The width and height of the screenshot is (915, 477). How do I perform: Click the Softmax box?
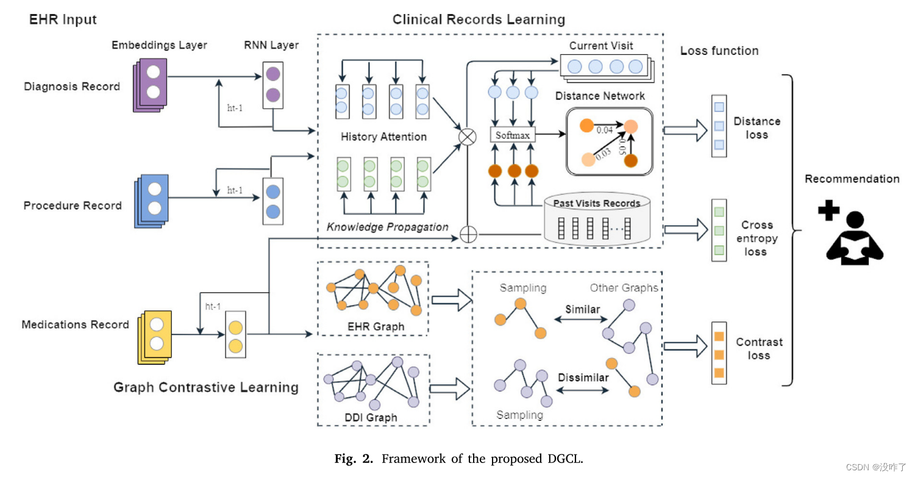click(x=513, y=135)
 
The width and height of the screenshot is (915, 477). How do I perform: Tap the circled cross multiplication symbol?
click(x=468, y=137)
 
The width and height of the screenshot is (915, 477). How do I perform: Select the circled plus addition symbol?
click(x=468, y=234)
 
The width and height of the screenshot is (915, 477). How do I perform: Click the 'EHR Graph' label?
click(x=376, y=326)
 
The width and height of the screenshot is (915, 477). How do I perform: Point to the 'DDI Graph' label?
click(x=371, y=417)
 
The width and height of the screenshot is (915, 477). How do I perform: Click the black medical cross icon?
click(x=829, y=210)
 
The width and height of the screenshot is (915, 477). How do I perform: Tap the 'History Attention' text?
click(x=383, y=137)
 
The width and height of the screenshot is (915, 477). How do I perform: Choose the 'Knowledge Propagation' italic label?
click(x=387, y=227)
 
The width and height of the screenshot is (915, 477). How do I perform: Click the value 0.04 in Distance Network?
click(x=604, y=130)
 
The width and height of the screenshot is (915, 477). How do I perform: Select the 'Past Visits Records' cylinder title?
click(x=596, y=203)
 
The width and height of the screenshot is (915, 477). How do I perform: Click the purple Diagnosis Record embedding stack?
click(x=150, y=85)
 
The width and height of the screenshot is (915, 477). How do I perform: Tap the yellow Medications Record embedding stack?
click(x=155, y=337)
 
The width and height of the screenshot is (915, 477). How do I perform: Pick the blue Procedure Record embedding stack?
click(x=152, y=201)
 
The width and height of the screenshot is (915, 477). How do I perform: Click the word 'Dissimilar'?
click(x=583, y=377)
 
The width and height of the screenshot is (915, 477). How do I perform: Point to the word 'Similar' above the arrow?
click(x=583, y=309)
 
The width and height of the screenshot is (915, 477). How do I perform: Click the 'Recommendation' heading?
click(x=852, y=179)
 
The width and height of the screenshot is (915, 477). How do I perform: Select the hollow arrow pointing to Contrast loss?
click(x=685, y=346)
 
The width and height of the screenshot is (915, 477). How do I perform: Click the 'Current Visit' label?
click(x=601, y=46)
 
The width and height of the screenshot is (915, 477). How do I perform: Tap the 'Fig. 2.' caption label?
click(x=354, y=459)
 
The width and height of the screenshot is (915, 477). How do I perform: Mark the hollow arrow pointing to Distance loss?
click(x=685, y=131)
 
